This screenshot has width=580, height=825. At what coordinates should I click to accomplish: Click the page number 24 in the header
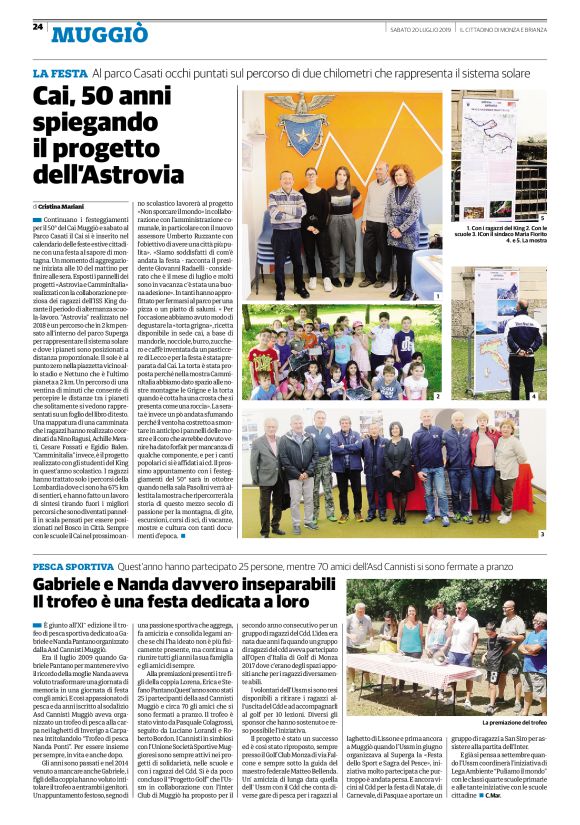pyautogui.click(x=38, y=27)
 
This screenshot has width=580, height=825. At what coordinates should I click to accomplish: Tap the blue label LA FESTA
pyautogui.click(x=59, y=74)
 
